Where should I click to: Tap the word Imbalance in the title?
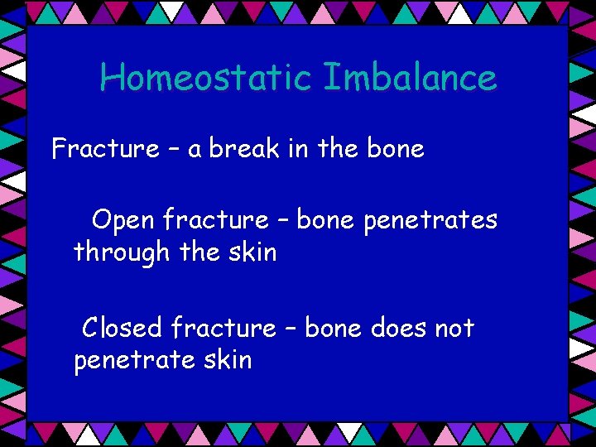(410, 78)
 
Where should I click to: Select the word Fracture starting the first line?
(105, 149)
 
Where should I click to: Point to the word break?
(243, 149)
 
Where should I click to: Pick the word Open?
(123, 220)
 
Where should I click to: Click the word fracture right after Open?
(215, 220)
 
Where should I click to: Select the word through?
(122, 252)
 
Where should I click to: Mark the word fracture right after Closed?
(223, 328)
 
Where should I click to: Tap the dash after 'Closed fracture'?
(291, 329)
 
